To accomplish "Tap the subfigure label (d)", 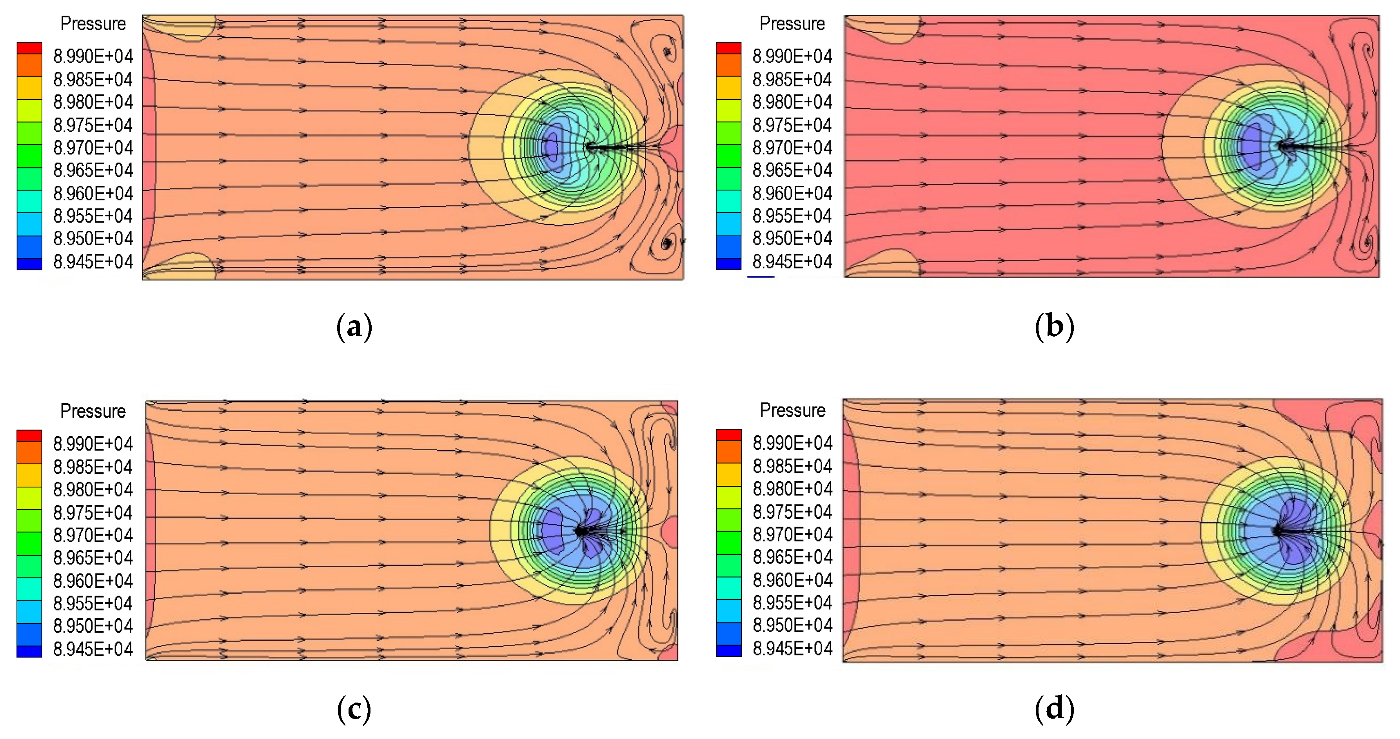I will coord(1054,709).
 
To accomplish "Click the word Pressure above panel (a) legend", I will coord(93,24).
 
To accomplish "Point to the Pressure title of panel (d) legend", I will coord(792,410).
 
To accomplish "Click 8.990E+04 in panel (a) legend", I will coord(93,56).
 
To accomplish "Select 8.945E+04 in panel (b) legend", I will coord(792,262).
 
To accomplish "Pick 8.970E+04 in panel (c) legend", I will coord(93,535).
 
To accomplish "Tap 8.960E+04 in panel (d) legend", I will coord(792,580).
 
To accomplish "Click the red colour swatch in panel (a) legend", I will coord(29,48).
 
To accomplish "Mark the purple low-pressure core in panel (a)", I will coord(552,146).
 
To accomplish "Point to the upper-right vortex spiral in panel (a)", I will coord(667,52).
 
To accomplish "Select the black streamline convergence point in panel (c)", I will coord(581,530).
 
